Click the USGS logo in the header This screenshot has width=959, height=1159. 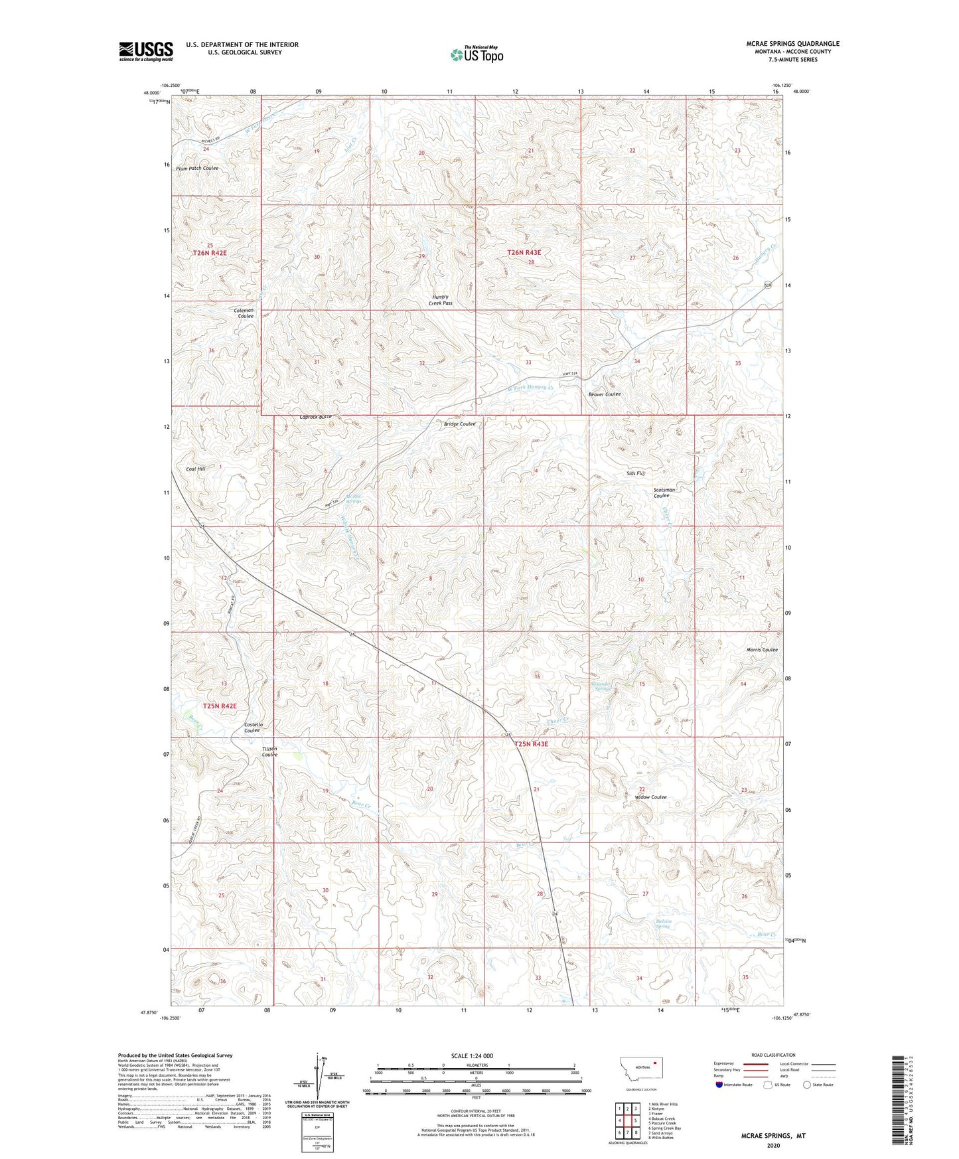[x=145, y=51]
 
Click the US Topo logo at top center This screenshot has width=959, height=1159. [x=477, y=54]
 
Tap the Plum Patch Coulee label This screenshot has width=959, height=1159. [x=197, y=169]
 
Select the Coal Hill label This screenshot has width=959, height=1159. [x=196, y=469]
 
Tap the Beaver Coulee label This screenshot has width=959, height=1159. [x=605, y=394]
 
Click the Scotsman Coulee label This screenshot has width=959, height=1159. [x=664, y=493]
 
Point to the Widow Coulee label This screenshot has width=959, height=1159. [x=650, y=797]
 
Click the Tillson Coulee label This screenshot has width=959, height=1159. [x=269, y=751]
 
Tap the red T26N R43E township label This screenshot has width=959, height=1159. [x=524, y=252]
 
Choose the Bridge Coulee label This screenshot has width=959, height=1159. [x=459, y=424]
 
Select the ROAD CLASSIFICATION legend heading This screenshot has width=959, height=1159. [x=773, y=1055]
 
